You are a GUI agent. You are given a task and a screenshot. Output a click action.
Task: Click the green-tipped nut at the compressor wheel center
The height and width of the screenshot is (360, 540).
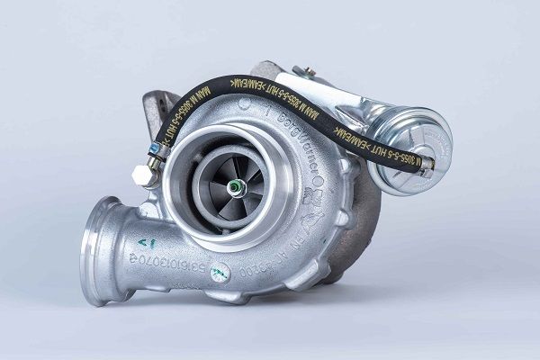coord(235,187)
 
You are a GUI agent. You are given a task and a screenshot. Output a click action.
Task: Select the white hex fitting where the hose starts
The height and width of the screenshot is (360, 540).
coord(141,174)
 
